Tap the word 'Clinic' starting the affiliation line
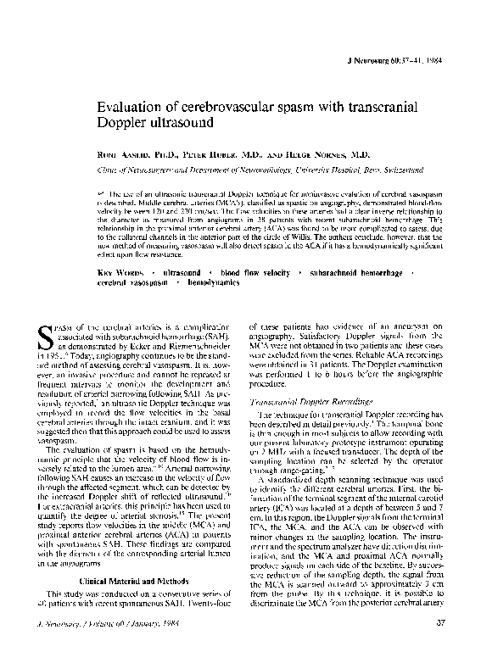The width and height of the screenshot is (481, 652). pyautogui.click(x=100, y=170)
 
